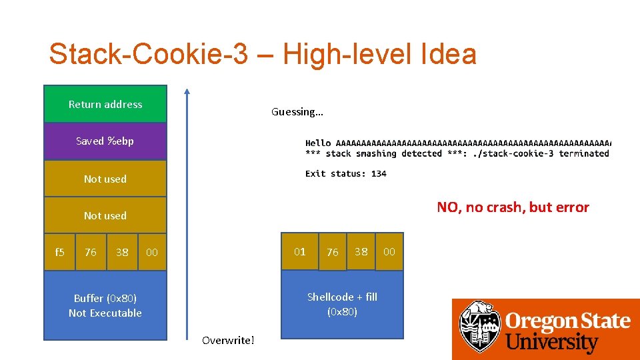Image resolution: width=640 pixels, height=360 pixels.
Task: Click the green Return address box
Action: pyautogui.click(x=105, y=104)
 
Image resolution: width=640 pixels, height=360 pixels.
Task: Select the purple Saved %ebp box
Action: pyautogui.click(x=105, y=141)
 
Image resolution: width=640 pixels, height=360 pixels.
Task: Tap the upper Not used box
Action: pyautogui.click(x=105, y=179)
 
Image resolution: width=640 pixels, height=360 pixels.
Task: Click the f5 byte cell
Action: pyautogui.click(x=59, y=252)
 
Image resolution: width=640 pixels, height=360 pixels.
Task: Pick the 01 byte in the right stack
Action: pyautogui.click(x=300, y=251)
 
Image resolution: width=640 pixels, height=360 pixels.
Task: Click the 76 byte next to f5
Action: pyautogui.click(x=91, y=252)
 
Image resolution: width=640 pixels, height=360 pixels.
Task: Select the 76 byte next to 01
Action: pyautogui.click(x=332, y=252)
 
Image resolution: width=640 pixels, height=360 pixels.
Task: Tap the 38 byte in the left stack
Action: pyautogui.click(x=122, y=252)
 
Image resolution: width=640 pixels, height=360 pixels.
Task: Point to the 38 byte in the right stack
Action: pyautogui.click(x=361, y=251)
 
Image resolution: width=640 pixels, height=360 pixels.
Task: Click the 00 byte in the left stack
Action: pyautogui.click(x=152, y=252)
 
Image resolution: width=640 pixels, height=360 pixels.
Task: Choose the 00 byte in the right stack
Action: pyautogui.click(x=389, y=251)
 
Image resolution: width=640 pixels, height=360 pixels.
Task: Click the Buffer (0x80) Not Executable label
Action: pyautogui.click(x=105, y=305)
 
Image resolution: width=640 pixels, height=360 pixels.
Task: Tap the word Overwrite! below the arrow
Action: pyautogui.click(x=228, y=341)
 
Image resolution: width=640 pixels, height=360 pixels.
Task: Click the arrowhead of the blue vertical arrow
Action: pyautogui.click(x=187, y=93)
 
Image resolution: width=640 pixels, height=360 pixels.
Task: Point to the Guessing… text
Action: pyautogui.click(x=297, y=112)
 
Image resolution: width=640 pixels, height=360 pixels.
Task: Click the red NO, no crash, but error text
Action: pyautogui.click(x=513, y=207)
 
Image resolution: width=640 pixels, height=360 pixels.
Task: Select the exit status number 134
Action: pyautogui.click(x=379, y=173)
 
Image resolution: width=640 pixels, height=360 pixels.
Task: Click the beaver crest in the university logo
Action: pyautogui.click(x=479, y=327)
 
